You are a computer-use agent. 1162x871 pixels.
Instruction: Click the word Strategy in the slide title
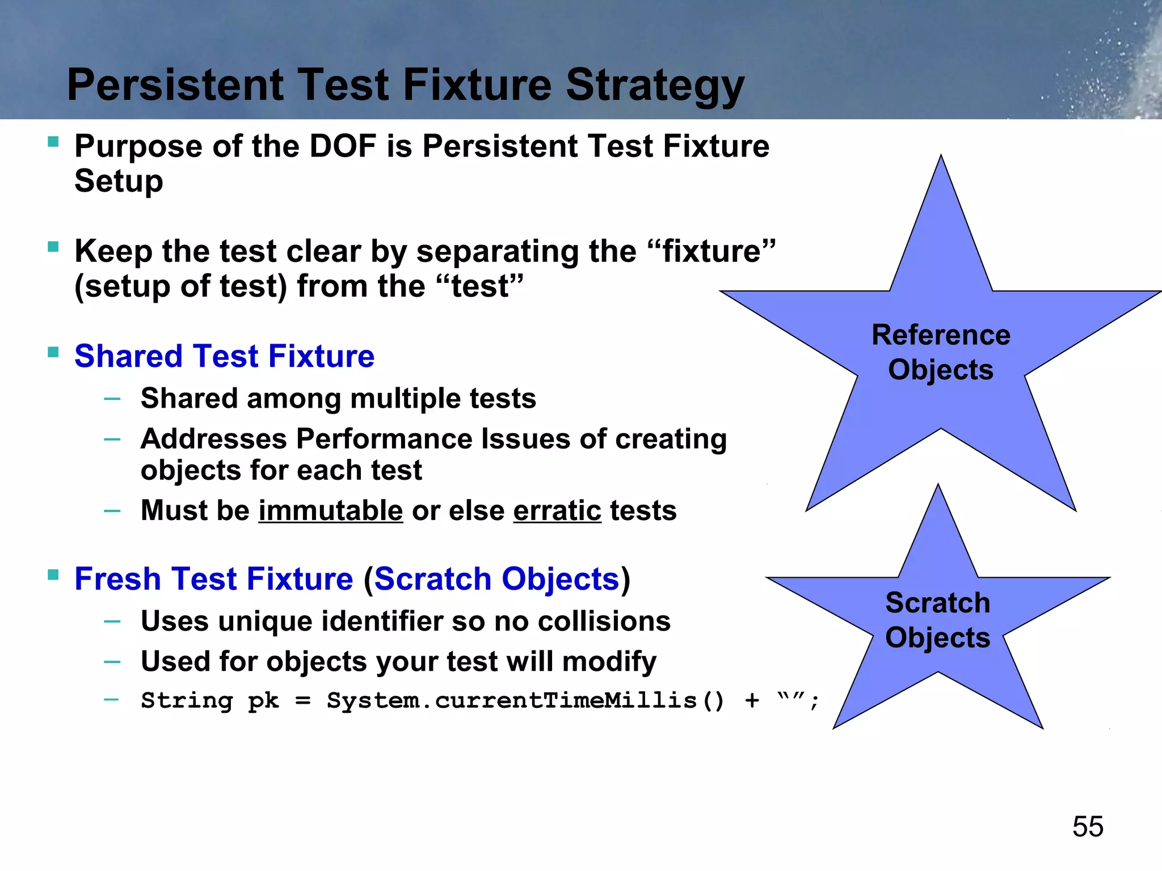[655, 86]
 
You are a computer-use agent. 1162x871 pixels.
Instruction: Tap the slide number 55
[1087, 826]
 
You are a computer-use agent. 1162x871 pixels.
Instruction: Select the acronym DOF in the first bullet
[343, 146]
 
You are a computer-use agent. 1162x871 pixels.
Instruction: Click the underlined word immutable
[331, 510]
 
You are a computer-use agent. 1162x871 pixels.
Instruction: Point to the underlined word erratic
[557, 510]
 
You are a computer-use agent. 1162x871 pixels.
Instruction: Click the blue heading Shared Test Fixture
[224, 356]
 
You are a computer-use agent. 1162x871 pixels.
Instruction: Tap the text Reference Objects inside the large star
[941, 352]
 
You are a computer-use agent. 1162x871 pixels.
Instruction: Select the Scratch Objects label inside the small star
[937, 620]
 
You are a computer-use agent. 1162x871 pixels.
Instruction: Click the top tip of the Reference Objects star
[941, 158]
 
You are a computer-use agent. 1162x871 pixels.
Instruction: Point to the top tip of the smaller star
[938, 487]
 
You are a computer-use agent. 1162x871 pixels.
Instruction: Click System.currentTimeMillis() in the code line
[525, 700]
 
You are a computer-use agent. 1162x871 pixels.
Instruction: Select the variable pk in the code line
[263, 701]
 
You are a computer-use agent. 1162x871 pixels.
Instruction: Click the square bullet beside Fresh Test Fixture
[53, 575]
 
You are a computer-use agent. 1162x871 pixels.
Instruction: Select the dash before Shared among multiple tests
[112, 399]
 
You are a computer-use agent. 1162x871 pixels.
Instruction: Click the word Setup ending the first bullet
[119, 181]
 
